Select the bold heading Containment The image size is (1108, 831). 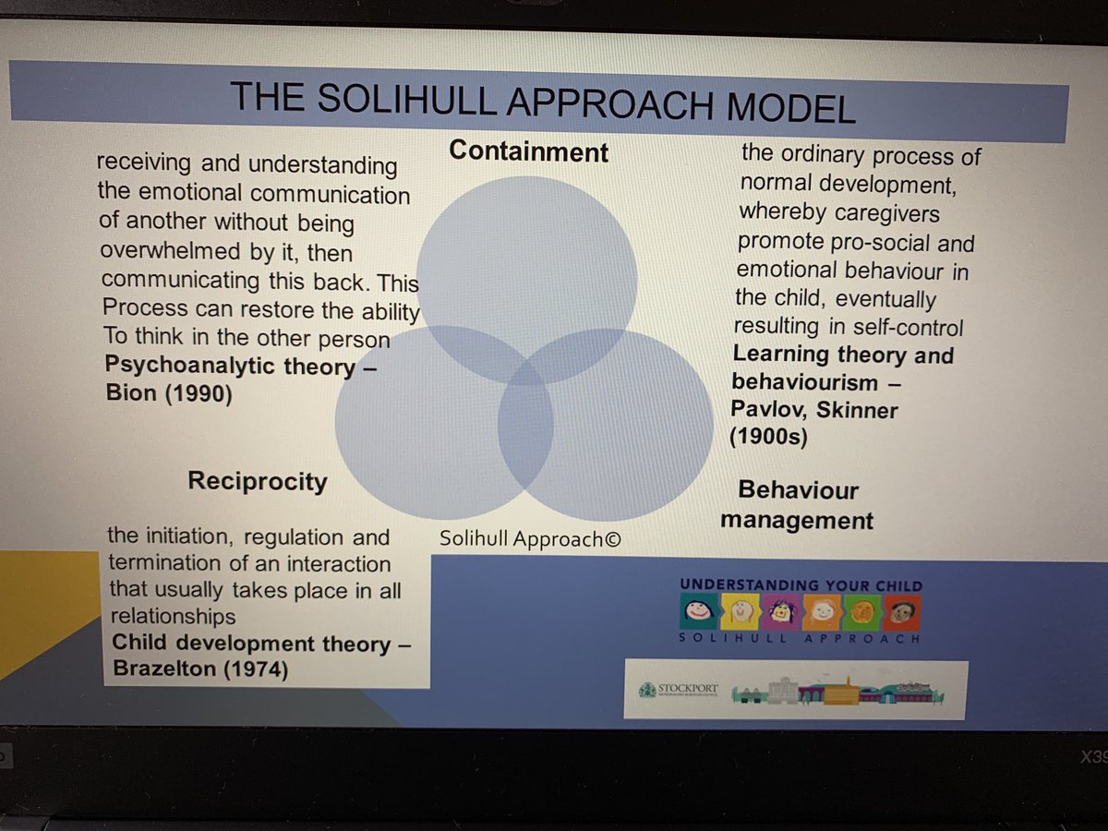click(x=528, y=151)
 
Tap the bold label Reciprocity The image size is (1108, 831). click(x=257, y=481)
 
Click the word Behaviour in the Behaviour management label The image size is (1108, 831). click(x=798, y=490)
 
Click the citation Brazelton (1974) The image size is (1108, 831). click(x=199, y=669)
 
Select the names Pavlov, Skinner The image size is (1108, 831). click(x=813, y=408)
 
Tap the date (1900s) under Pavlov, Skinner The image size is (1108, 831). click(x=768, y=438)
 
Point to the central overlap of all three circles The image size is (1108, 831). click(x=526, y=368)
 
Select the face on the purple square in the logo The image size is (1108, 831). click(x=780, y=611)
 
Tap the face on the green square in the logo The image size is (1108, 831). click(x=862, y=612)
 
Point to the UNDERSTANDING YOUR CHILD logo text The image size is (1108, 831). click(x=800, y=585)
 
